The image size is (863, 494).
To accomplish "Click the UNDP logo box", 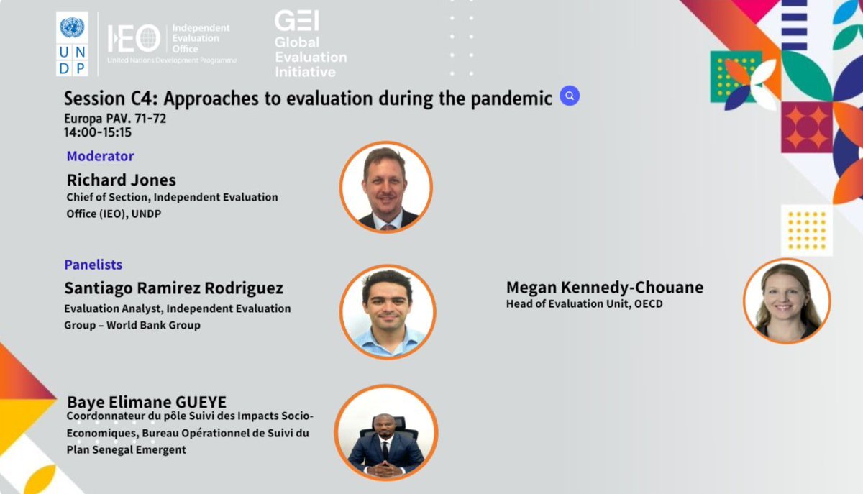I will tap(72, 44).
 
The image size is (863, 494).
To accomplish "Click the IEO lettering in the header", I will tap(134, 38).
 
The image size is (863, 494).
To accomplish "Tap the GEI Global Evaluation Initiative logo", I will tap(309, 45).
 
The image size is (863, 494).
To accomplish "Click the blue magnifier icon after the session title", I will tap(570, 96).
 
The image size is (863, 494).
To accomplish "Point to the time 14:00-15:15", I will tap(98, 132).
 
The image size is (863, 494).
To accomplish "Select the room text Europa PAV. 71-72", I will tap(115, 119).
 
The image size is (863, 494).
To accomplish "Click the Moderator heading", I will tap(100, 156).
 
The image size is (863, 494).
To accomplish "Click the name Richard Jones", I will tap(121, 180).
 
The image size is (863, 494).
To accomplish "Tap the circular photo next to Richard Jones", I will tap(386, 187).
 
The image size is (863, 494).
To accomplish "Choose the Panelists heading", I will tap(93, 265).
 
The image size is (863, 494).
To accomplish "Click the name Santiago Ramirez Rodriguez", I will tap(173, 288).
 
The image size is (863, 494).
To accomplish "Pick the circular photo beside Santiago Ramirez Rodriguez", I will tap(388, 311).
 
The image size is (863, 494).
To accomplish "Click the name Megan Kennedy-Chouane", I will tap(604, 288).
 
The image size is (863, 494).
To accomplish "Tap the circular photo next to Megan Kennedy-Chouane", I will tap(787, 300).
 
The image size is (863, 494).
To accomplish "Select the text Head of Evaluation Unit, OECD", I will tap(584, 304).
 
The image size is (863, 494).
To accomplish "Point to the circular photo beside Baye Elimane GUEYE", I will tap(386, 432).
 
